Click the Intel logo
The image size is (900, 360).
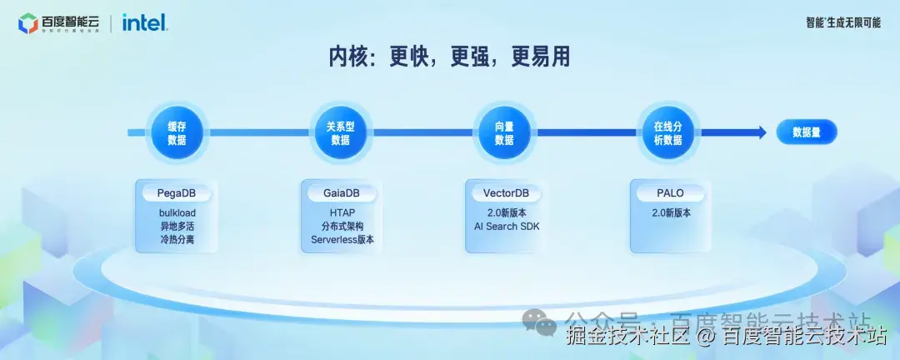point(145,22)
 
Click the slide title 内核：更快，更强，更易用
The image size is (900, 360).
point(449,57)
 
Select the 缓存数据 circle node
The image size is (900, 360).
point(177,133)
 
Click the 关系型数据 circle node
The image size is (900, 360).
point(340,133)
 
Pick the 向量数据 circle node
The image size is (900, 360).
point(504,133)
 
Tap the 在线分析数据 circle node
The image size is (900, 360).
point(667,133)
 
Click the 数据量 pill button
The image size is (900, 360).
point(807,132)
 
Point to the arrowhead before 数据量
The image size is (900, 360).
point(759,132)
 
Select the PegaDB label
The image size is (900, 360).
point(177,193)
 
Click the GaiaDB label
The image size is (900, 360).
point(341,193)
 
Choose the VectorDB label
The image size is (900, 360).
point(506,193)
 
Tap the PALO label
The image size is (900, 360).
point(669,193)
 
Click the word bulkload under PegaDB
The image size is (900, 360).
point(177,212)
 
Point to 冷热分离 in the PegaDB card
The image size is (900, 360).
point(177,239)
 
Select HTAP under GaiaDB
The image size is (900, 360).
point(341,212)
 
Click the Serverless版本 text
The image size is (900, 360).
point(342,239)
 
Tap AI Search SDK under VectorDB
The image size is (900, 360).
point(506,226)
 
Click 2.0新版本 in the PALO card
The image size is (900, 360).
point(669,212)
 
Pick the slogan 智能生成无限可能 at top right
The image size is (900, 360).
point(842,22)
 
